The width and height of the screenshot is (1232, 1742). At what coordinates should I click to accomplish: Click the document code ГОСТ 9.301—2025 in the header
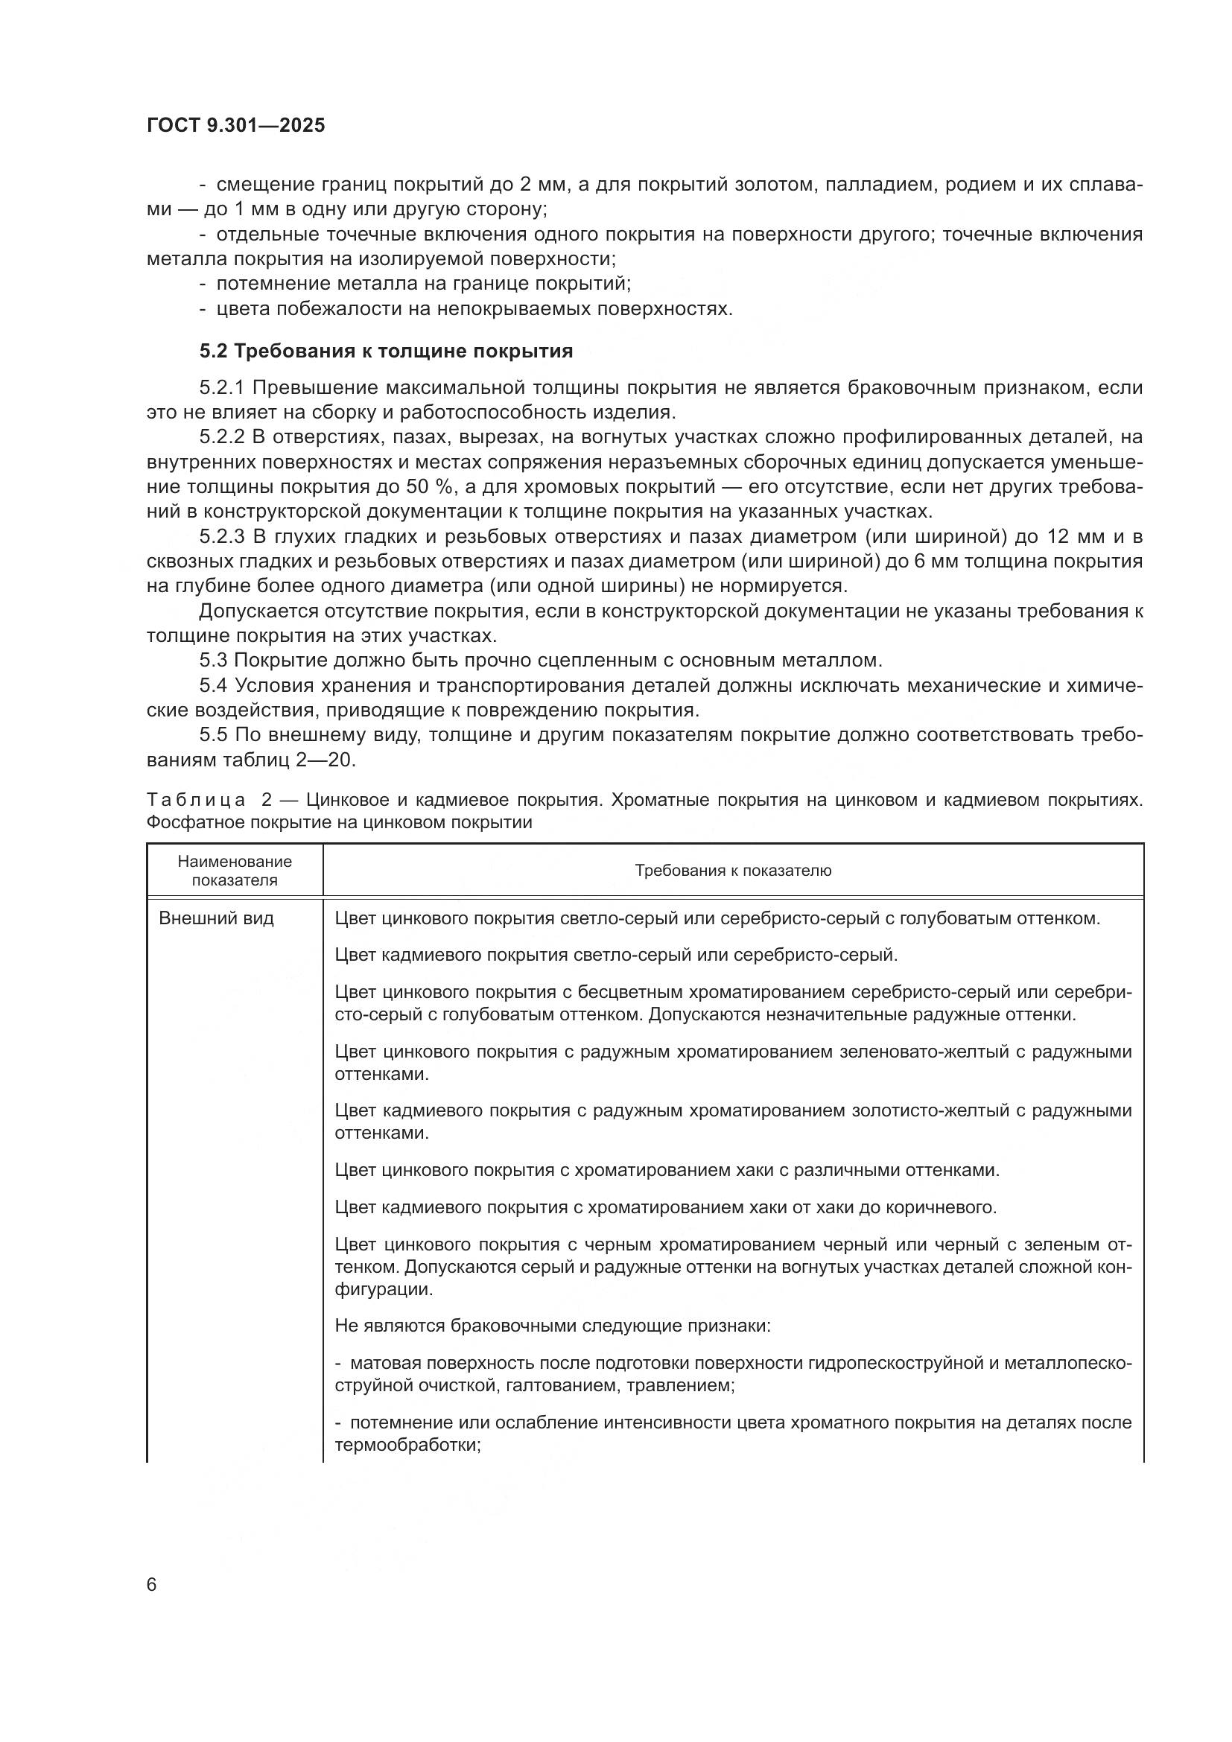point(236,126)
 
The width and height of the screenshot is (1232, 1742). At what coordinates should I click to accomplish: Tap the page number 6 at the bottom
point(152,1584)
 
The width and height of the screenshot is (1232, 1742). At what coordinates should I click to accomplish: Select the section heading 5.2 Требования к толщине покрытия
point(386,352)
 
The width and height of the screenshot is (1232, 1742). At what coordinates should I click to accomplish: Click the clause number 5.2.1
point(221,389)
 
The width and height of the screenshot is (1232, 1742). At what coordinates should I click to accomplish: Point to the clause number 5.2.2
point(221,438)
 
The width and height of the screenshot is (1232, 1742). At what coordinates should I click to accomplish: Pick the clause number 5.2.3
point(221,537)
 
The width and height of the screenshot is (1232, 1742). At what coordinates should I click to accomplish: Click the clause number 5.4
point(213,685)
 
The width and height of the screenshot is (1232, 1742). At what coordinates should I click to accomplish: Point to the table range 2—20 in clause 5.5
point(329,760)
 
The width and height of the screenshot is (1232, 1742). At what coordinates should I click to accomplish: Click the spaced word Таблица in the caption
point(196,801)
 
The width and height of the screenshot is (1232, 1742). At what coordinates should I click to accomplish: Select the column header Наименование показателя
point(235,870)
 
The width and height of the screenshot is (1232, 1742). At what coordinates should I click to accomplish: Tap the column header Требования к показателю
point(732,870)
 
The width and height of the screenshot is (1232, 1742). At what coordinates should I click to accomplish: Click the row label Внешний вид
point(216,919)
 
